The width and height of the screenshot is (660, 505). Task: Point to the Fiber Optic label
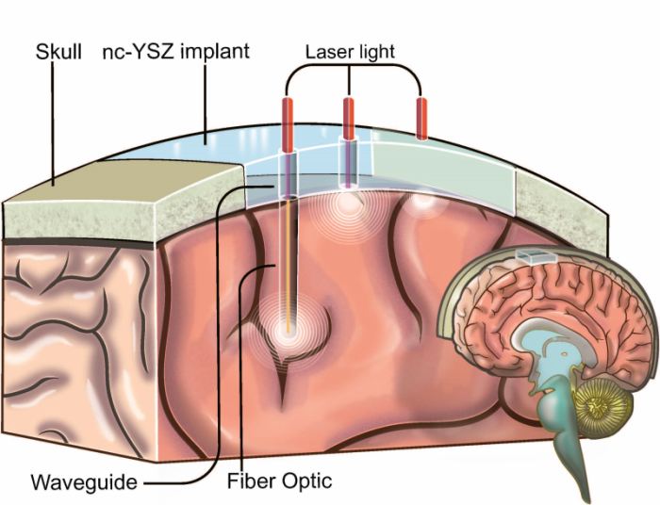[281, 483]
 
